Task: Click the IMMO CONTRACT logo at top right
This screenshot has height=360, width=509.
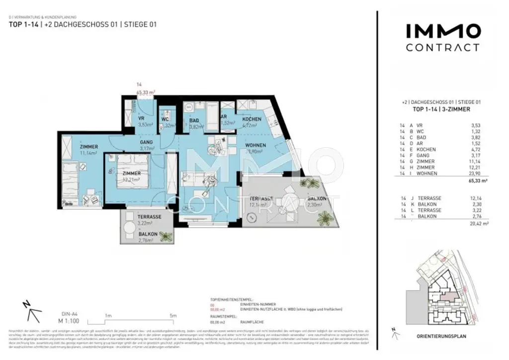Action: point(442,38)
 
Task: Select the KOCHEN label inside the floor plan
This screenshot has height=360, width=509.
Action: point(252,120)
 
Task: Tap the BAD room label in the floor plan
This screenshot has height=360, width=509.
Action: point(194,120)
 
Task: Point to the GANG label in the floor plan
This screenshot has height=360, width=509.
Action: point(146,142)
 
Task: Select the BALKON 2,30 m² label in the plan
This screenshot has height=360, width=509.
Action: point(317,198)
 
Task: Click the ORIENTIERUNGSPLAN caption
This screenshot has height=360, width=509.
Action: point(441,336)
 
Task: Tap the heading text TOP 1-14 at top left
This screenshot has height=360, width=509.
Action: point(22,23)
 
